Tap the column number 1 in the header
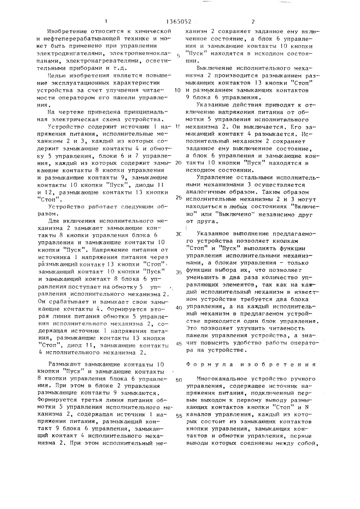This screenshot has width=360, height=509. (105, 22)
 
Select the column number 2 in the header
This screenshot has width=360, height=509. (253, 22)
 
